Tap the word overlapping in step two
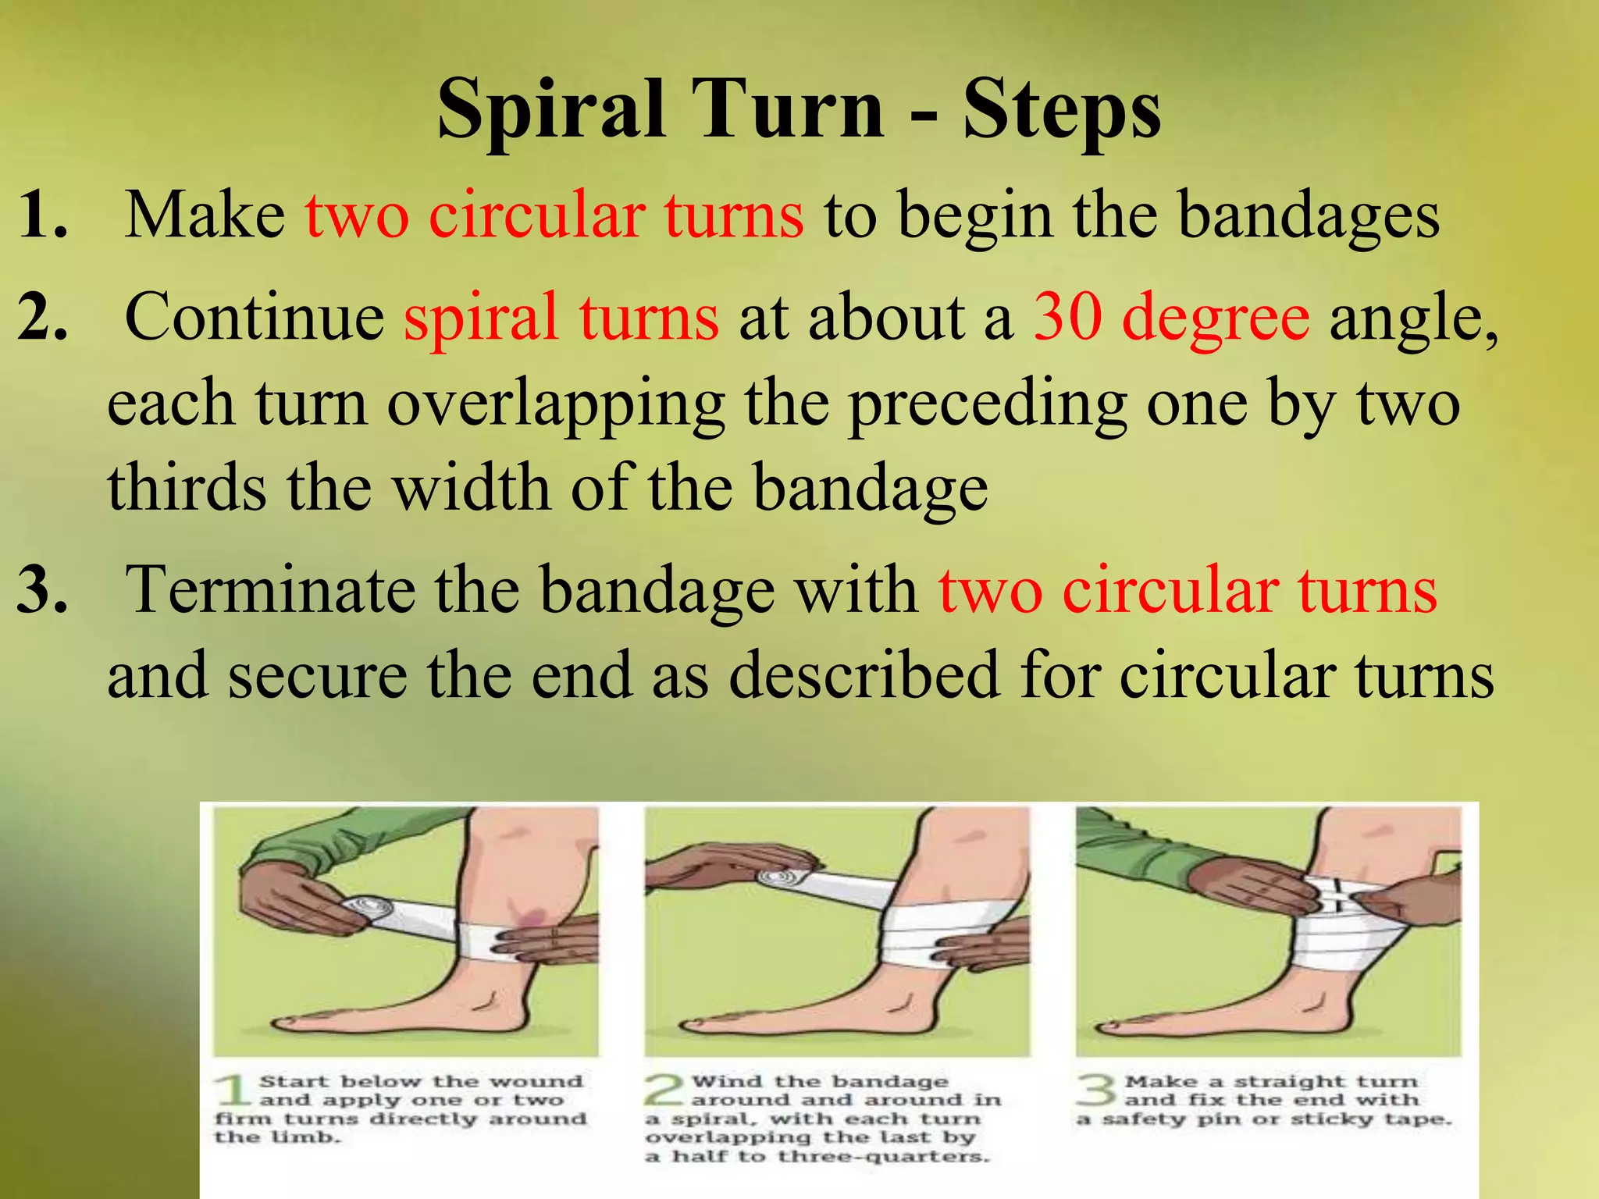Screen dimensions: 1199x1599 555,404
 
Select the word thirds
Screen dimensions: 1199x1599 187,488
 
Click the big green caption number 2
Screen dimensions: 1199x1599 664,1090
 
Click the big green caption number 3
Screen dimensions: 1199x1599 1096,1090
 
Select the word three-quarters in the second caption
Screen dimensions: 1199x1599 883,1156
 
